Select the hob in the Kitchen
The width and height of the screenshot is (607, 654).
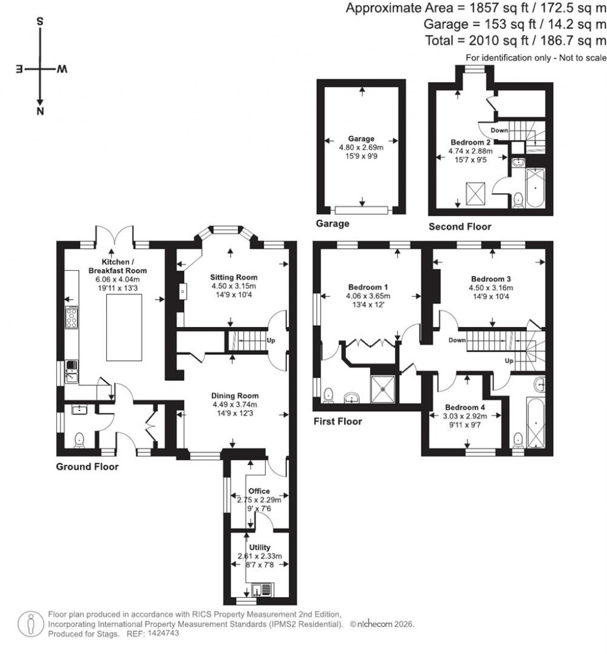[x=71, y=318]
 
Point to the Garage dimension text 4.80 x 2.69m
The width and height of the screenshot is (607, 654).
[x=361, y=148]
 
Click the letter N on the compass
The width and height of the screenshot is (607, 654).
[x=40, y=111]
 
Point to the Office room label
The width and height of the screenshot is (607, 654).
[x=259, y=491]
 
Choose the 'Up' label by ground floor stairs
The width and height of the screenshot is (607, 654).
[x=271, y=341]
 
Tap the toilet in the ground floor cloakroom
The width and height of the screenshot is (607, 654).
[x=80, y=440]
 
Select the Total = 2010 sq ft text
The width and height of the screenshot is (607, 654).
[x=516, y=40]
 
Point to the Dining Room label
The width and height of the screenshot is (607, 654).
[x=235, y=396]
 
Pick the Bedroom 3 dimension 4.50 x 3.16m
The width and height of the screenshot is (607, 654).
[x=491, y=289]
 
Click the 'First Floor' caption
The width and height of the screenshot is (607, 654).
[x=337, y=422]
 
